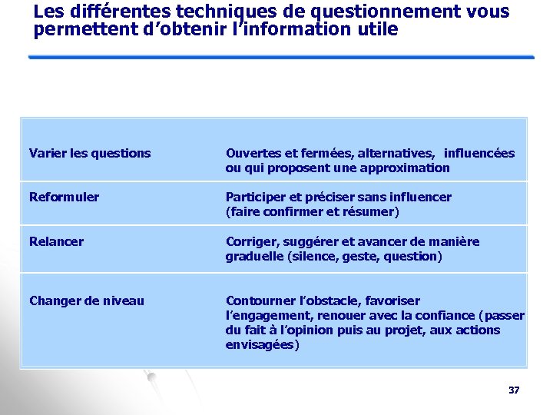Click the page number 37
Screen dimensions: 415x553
[x=514, y=390]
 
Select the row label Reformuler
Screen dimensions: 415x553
[x=64, y=197]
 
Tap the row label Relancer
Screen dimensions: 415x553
[x=56, y=241]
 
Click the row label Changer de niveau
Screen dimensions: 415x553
[x=86, y=300]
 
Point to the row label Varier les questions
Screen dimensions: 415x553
[x=90, y=153]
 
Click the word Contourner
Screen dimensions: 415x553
[x=257, y=300]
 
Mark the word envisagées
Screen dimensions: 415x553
[x=262, y=344]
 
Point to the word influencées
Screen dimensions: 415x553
[x=480, y=153]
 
